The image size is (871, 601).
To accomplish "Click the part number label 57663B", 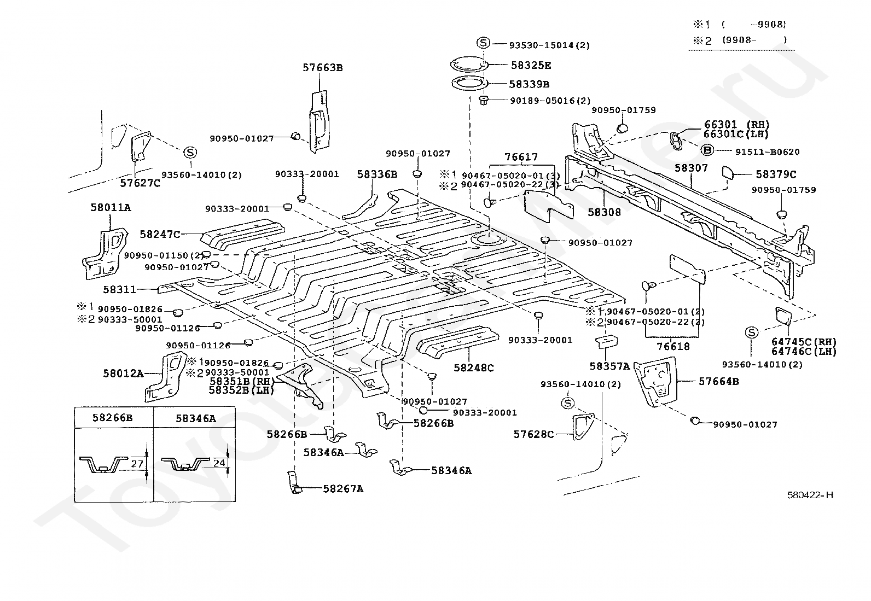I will (x=323, y=68).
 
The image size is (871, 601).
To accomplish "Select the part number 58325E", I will (x=531, y=66).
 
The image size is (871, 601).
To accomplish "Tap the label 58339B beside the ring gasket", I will (x=529, y=84).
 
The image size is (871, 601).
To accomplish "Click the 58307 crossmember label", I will (x=691, y=168).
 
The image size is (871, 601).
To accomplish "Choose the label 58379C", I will (x=776, y=174).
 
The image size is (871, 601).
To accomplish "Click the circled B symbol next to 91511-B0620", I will (x=707, y=151).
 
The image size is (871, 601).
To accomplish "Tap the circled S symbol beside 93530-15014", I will (x=483, y=43).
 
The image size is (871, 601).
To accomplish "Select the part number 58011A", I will (x=111, y=207).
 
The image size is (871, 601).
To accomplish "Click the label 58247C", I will (x=159, y=234).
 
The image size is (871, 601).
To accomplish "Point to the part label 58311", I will (x=119, y=289).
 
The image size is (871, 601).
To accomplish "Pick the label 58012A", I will (x=123, y=374).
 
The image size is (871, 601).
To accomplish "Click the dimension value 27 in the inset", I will (x=137, y=464).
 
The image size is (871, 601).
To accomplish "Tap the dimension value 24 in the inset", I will (x=219, y=463).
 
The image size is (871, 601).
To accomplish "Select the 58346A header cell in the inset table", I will (x=195, y=418).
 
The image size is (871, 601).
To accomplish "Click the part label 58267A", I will (x=343, y=488).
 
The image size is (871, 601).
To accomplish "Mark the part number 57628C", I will (x=533, y=434).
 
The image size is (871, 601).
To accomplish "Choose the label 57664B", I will (x=719, y=381).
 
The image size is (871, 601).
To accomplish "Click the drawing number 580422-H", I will (x=810, y=495).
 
